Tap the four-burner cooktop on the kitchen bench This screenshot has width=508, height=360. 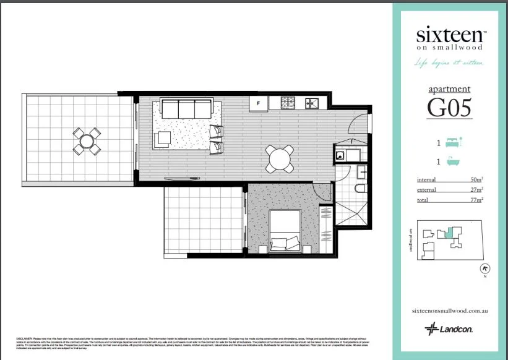pos(289,103)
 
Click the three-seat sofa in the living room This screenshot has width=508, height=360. pos(186,109)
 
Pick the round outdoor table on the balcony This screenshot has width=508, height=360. pos(87,141)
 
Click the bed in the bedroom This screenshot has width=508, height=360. pos(285,231)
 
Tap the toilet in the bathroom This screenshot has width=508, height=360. pos(361,187)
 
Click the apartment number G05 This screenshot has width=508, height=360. pos(449,108)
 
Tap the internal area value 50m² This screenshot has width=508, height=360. pos(476,179)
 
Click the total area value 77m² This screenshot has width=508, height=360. pos(476,200)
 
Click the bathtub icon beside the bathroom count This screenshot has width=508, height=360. pos(455,162)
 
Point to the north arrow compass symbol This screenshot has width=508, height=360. pos(485,268)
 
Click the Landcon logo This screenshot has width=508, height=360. pos(449,329)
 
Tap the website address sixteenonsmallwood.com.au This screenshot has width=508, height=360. pos(449,311)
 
